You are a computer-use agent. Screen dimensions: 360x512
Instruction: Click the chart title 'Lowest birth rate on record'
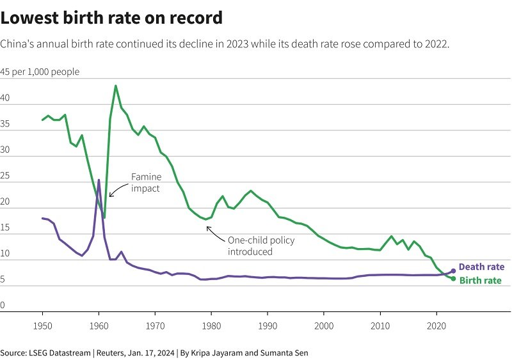click(111, 18)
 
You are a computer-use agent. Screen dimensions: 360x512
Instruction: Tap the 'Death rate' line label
click(481, 267)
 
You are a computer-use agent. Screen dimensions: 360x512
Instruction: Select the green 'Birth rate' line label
click(480, 280)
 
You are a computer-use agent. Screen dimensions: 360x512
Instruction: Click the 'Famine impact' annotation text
click(146, 182)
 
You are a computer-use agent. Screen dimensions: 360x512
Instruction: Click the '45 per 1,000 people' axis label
click(40, 72)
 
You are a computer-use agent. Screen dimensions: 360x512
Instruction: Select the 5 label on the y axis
click(3, 279)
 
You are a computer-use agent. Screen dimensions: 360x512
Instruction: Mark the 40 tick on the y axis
click(5, 98)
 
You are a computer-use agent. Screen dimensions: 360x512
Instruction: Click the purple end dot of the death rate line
click(453, 271)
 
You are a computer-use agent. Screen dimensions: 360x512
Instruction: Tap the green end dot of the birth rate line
click(453, 279)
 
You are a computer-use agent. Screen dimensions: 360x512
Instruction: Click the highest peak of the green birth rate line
click(115, 86)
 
